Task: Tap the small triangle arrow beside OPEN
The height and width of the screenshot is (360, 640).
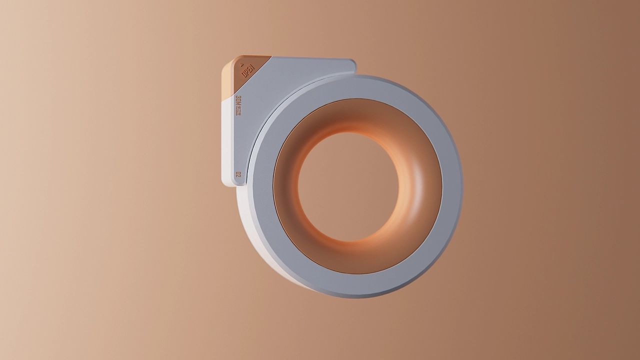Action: coord(242,64)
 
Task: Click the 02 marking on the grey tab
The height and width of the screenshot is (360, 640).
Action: coord(238,174)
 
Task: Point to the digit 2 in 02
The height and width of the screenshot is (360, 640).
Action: coord(238,172)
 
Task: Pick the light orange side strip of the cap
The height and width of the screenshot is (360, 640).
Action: coord(227,80)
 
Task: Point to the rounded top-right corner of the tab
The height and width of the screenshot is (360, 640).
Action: coord(352,63)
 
